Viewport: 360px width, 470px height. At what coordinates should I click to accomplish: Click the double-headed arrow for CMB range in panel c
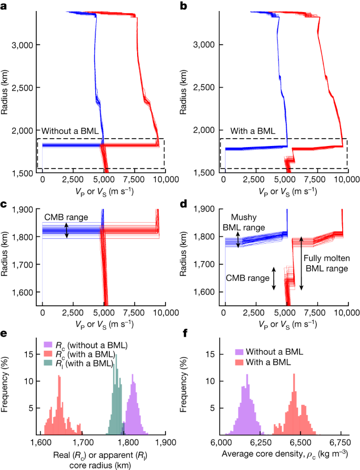pyautogui.click(x=67, y=230)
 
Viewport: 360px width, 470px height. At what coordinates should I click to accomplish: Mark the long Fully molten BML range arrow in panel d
pyautogui.click(x=301, y=263)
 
